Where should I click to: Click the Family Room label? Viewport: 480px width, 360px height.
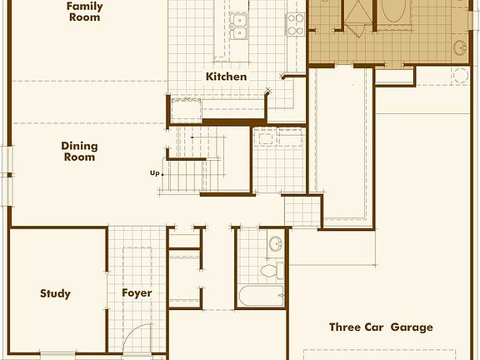pyautogui.click(x=85, y=11)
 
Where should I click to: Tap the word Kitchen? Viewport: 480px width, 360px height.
pyautogui.click(x=227, y=77)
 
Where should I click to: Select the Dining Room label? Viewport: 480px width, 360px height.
pyautogui.click(x=79, y=151)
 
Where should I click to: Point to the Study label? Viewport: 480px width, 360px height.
pyautogui.click(x=55, y=293)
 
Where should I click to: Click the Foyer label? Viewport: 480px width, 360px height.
pyautogui.click(x=137, y=293)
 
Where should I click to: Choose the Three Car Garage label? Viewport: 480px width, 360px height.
pyautogui.click(x=381, y=327)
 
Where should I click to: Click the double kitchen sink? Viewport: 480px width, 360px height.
pyautogui.click(x=239, y=27)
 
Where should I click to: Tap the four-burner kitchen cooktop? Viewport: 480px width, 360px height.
pyautogui.click(x=296, y=23)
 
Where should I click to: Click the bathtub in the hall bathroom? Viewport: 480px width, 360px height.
pyautogui.click(x=259, y=296)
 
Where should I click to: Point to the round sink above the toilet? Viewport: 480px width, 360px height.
pyautogui.click(x=275, y=244)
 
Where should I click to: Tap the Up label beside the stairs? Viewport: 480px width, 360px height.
pyautogui.click(x=154, y=173)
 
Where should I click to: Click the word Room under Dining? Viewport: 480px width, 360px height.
pyautogui.click(x=79, y=157)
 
